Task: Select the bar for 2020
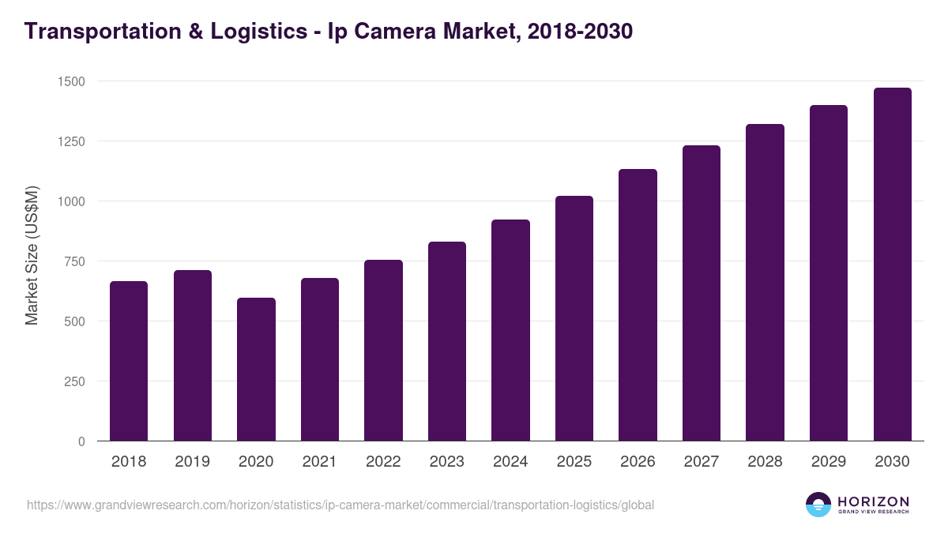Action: [x=256, y=370]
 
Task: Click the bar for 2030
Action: [x=892, y=265]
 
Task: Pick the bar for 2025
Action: [x=574, y=318]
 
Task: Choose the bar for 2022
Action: [x=383, y=351]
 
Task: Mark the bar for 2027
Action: [x=702, y=293]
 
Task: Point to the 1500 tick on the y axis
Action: [x=71, y=81]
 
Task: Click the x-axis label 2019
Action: [x=192, y=462]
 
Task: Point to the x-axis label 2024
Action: [x=510, y=462]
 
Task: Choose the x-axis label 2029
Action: [x=829, y=462]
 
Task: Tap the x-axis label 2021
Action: [x=319, y=462]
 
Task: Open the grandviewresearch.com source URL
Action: [x=340, y=505]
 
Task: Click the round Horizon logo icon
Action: [x=818, y=505]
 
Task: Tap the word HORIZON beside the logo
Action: [x=873, y=501]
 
